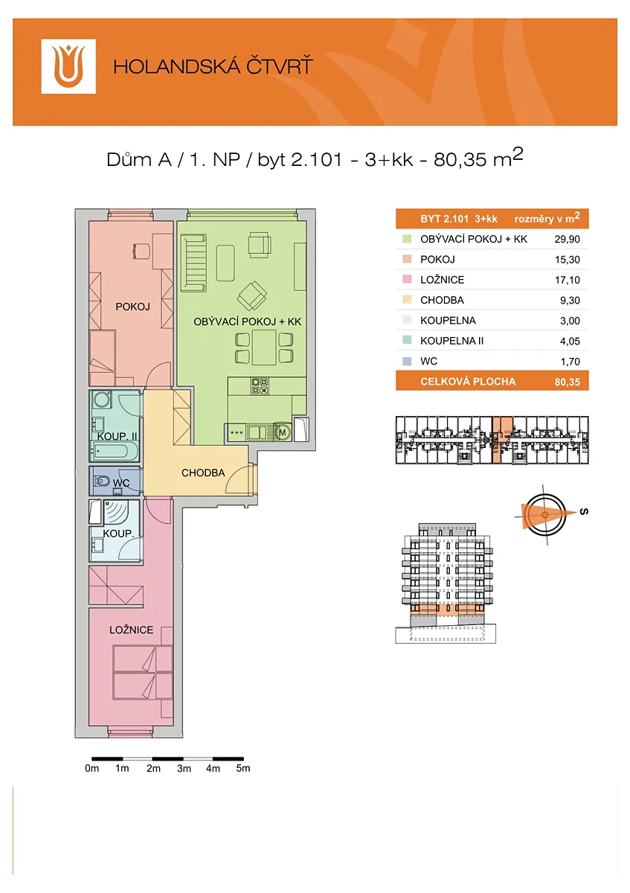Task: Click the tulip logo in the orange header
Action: point(68,66)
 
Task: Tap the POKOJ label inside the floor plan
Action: point(132,307)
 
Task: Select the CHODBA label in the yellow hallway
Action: point(203,473)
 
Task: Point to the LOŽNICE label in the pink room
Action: point(132,630)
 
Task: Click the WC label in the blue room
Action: point(121,483)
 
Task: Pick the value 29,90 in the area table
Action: point(567,239)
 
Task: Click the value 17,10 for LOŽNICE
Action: point(567,280)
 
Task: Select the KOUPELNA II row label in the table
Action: point(452,341)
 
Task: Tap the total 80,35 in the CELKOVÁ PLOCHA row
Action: point(567,382)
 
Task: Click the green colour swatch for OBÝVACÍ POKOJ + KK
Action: point(407,239)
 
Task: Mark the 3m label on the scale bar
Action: point(184,768)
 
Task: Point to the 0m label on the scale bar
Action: point(91,768)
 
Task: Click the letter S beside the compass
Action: point(584,511)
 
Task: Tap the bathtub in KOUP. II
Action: point(115,452)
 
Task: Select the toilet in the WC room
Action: point(101,481)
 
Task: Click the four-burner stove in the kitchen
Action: point(260,386)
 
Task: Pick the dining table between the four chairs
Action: point(264,348)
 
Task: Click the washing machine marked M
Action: point(282,432)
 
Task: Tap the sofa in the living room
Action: point(193,263)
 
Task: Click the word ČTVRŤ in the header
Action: point(279,66)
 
